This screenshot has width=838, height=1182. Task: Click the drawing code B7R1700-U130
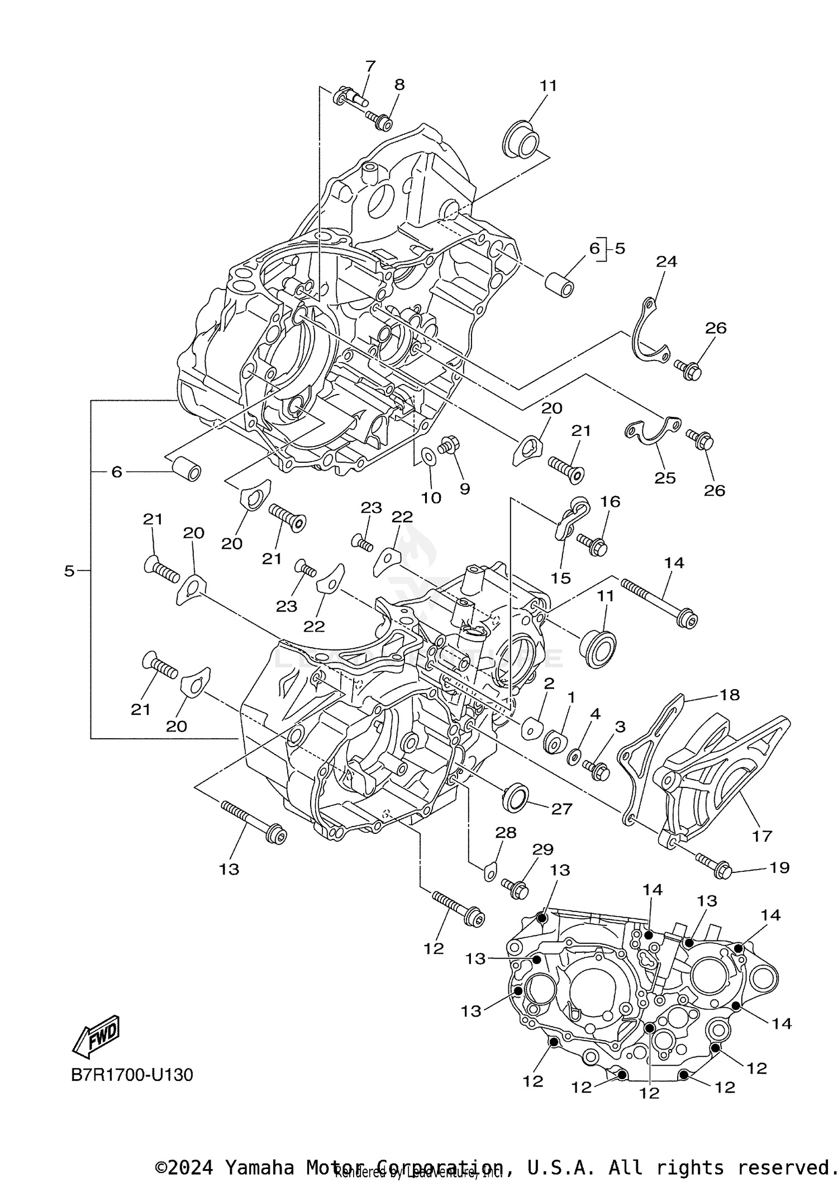(x=132, y=1075)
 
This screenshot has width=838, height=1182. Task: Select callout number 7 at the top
(x=370, y=66)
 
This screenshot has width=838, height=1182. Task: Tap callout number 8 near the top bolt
(x=399, y=84)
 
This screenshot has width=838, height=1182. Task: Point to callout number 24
(x=666, y=261)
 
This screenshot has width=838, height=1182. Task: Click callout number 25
(x=665, y=478)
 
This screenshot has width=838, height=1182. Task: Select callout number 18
(x=730, y=695)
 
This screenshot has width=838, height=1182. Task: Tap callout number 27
(x=561, y=809)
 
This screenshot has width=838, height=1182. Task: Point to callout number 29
(x=542, y=849)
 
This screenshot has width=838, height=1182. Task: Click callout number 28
(x=506, y=833)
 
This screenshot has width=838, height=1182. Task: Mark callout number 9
(x=465, y=489)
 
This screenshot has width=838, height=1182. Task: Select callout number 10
(x=431, y=497)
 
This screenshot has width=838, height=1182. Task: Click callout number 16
(x=610, y=501)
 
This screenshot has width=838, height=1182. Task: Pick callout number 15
(x=560, y=578)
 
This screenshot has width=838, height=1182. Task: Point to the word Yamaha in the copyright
(x=259, y=1168)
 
